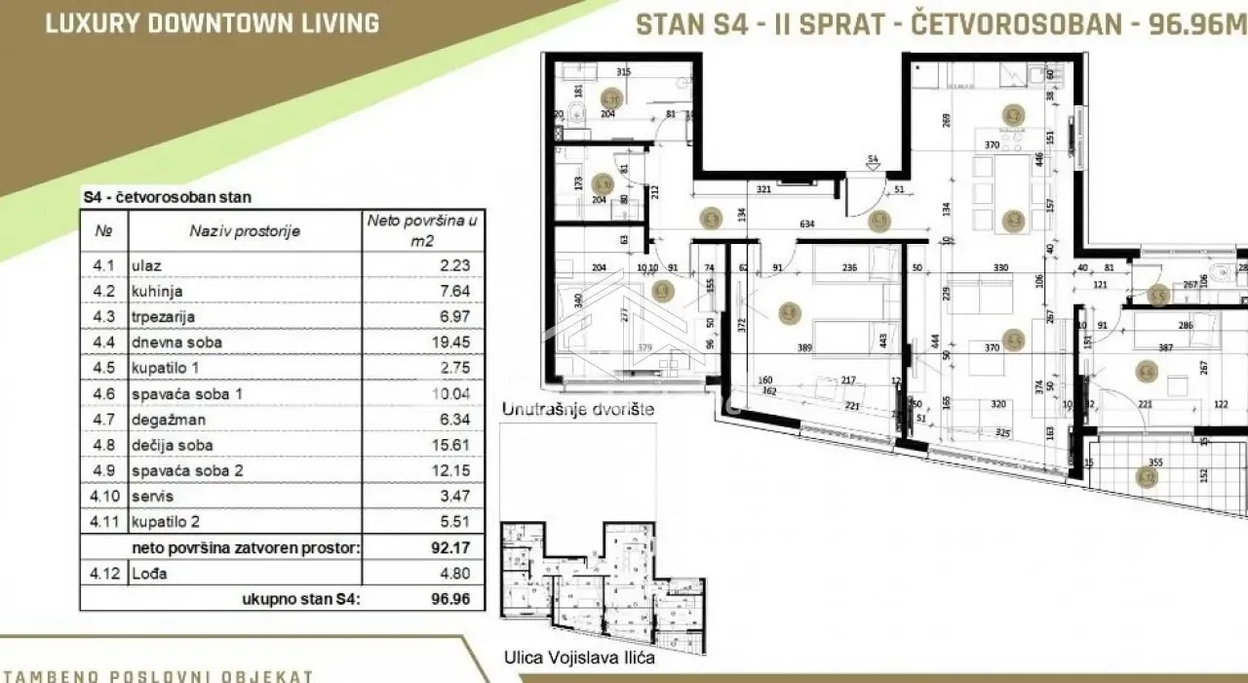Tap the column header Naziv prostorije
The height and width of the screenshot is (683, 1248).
245,231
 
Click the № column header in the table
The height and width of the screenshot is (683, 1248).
103,231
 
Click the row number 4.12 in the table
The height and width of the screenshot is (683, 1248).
103,574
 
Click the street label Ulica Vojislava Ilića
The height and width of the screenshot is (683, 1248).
577,659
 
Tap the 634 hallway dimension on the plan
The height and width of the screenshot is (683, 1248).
806,224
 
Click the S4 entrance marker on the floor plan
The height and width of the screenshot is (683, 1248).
873,158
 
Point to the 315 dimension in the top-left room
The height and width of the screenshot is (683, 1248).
625,72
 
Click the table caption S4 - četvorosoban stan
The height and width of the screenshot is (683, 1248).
167,197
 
